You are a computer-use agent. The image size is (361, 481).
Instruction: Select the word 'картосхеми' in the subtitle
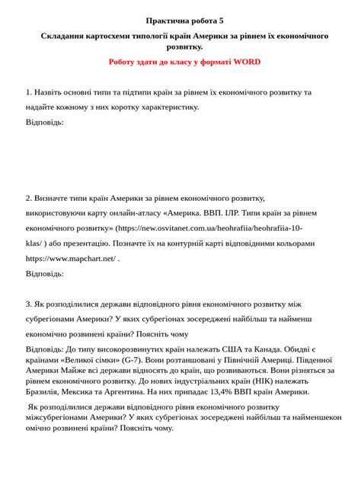[x=111, y=36]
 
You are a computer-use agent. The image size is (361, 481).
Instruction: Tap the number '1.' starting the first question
[x=29, y=92]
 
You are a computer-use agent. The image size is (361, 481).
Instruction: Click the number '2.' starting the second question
[x=29, y=197]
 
